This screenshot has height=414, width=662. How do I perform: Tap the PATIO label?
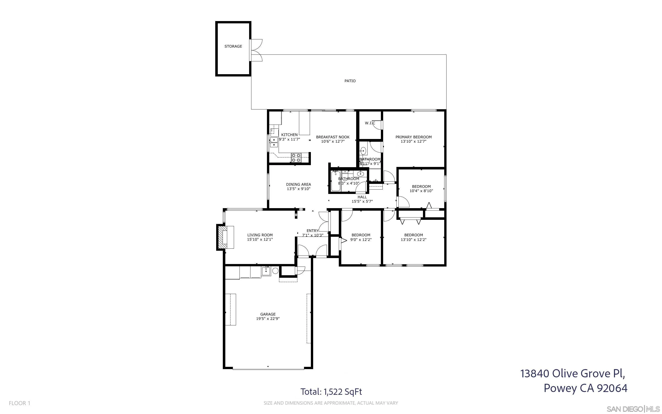coord(350,81)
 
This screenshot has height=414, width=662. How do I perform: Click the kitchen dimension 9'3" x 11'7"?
coord(289,139)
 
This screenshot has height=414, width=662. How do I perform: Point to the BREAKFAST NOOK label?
coord(333,137)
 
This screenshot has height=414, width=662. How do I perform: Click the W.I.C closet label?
coord(370,123)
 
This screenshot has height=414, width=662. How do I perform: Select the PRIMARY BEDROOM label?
coord(413,137)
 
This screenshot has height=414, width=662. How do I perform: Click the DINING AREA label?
coord(298,184)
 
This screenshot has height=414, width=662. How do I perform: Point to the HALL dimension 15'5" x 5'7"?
coord(362,201)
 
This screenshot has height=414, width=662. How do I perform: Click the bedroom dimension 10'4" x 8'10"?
coord(421,191)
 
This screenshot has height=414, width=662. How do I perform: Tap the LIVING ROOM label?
coord(260,235)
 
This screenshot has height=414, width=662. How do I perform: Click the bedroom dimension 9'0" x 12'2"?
coord(361,240)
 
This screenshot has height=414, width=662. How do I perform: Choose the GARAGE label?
coord(268,314)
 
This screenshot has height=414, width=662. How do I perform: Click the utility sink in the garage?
coord(266,271)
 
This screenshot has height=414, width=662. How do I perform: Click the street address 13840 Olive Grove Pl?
coord(572,373)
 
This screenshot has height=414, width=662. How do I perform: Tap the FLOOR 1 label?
coord(19,403)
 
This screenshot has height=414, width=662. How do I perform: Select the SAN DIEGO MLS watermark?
coord(633,409)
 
